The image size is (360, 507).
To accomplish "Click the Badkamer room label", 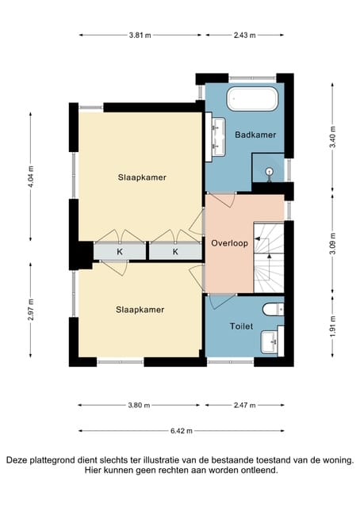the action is tap(255, 135).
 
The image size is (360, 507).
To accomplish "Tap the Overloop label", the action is tap(229, 243).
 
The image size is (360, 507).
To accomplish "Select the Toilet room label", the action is tap(241, 326).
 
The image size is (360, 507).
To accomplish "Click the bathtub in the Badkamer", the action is tap(252, 99).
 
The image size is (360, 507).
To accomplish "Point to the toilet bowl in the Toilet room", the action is tap(273, 310).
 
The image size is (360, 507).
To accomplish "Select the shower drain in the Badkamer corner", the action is tap(269, 171).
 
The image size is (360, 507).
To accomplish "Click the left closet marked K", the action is tap(120, 252).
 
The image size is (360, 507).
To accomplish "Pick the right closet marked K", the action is tap(175, 252).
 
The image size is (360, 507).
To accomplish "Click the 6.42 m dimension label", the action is tap(182, 431).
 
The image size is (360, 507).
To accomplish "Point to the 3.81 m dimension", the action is tap(140, 35).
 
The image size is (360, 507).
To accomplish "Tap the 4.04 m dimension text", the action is tap(31, 177).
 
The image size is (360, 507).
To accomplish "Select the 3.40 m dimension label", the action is tap(332, 136).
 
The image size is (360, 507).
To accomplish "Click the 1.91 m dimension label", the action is tap(332, 326).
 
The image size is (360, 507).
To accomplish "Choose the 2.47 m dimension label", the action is tap(245, 405).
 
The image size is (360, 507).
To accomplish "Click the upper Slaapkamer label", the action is tap(142, 177).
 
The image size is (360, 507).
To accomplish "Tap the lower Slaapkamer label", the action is tap(140, 310).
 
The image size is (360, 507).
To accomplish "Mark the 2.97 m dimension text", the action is tap(31, 310).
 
